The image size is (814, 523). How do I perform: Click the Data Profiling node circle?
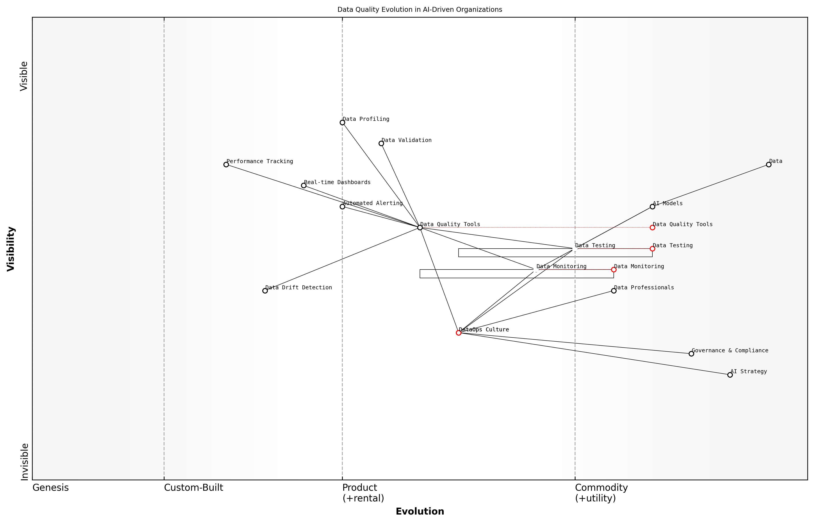(342, 123)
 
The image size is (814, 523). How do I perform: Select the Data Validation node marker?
(381, 144)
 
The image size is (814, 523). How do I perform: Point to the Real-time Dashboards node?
(304, 185)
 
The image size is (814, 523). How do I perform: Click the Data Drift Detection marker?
(265, 291)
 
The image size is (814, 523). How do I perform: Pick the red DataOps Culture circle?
(459, 333)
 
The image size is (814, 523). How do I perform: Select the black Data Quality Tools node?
(420, 227)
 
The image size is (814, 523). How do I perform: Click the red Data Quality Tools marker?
(652, 227)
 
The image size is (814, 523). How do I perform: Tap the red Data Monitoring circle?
(614, 270)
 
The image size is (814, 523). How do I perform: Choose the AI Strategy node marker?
(730, 375)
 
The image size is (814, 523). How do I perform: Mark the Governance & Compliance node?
(691, 354)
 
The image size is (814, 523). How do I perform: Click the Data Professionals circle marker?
(614, 291)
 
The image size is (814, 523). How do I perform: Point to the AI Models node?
(652, 207)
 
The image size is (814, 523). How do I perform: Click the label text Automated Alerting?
(372, 203)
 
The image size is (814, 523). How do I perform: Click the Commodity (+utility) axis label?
(601, 493)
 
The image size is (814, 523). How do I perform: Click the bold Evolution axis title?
(420, 511)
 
